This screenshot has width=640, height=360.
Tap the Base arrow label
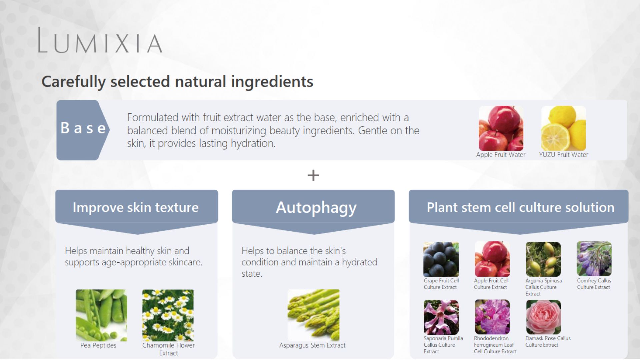pos(83,130)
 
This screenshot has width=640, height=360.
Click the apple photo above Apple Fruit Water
pos(501,128)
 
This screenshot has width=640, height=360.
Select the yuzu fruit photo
pos(563,128)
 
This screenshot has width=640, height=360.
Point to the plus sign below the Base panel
pos(313,175)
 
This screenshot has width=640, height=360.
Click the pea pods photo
pos(101,315)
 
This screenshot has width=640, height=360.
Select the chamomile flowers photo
pos(168,315)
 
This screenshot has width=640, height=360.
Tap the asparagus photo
pos(313,315)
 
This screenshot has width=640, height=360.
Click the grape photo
pos(441,259)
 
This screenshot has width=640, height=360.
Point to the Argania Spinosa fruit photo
pos(543,259)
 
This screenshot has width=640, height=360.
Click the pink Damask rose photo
pos(543,317)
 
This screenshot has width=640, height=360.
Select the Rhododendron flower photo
pos(492,317)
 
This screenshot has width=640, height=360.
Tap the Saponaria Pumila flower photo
pos(441,317)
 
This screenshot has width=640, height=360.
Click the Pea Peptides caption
pos(98,345)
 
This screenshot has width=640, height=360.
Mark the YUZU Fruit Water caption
pos(564,155)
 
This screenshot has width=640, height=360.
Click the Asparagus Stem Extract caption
pos(312,345)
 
